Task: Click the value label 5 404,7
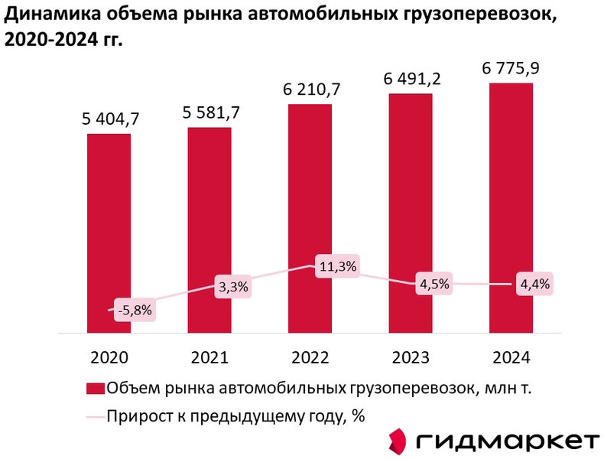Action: pyautogui.click(x=109, y=119)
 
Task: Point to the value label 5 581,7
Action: pyautogui.click(x=209, y=112)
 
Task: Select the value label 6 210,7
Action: pyautogui.click(x=310, y=89)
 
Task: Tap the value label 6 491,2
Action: pyautogui.click(x=411, y=78)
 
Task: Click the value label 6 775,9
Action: pyautogui.click(x=511, y=68)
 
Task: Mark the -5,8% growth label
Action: pyautogui.click(x=135, y=311)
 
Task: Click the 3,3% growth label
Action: pyautogui.click(x=232, y=288)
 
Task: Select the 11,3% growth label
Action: pyautogui.click(x=338, y=266)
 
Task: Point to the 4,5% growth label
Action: pyautogui.click(x=434, y=284)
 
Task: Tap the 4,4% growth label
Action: pyautogui.click(x=534, y=284)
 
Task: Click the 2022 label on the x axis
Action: pyautogui.click(x=310, y=357)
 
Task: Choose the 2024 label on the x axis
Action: pyautogui.click(x=511, y=357)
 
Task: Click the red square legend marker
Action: pyautogui.click(x=95, y=388)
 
